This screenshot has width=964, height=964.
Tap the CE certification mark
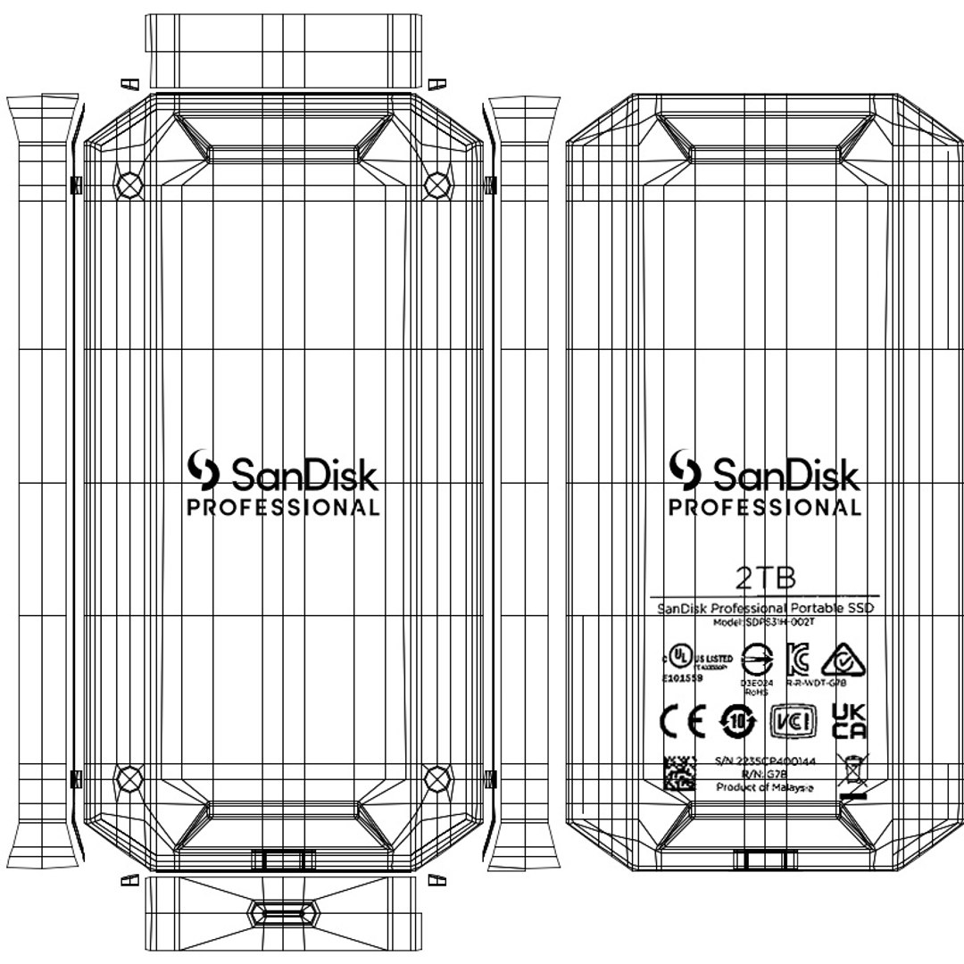click(x=682, y=721)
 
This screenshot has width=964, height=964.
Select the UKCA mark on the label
click(x=849, y=720)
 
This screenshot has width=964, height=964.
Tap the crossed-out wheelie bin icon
click(x=853, y=769)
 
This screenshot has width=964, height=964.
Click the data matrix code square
click(x=679, y=773)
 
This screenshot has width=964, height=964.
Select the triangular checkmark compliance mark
click(x=841, y=661)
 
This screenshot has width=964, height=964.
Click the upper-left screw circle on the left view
click(x=130, y=184)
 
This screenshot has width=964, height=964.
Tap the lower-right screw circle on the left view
click(x=436, y=778)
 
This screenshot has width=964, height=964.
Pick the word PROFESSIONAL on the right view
click(x=765, y=508)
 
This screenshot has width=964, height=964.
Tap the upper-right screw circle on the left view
click(x=436, y=184)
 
